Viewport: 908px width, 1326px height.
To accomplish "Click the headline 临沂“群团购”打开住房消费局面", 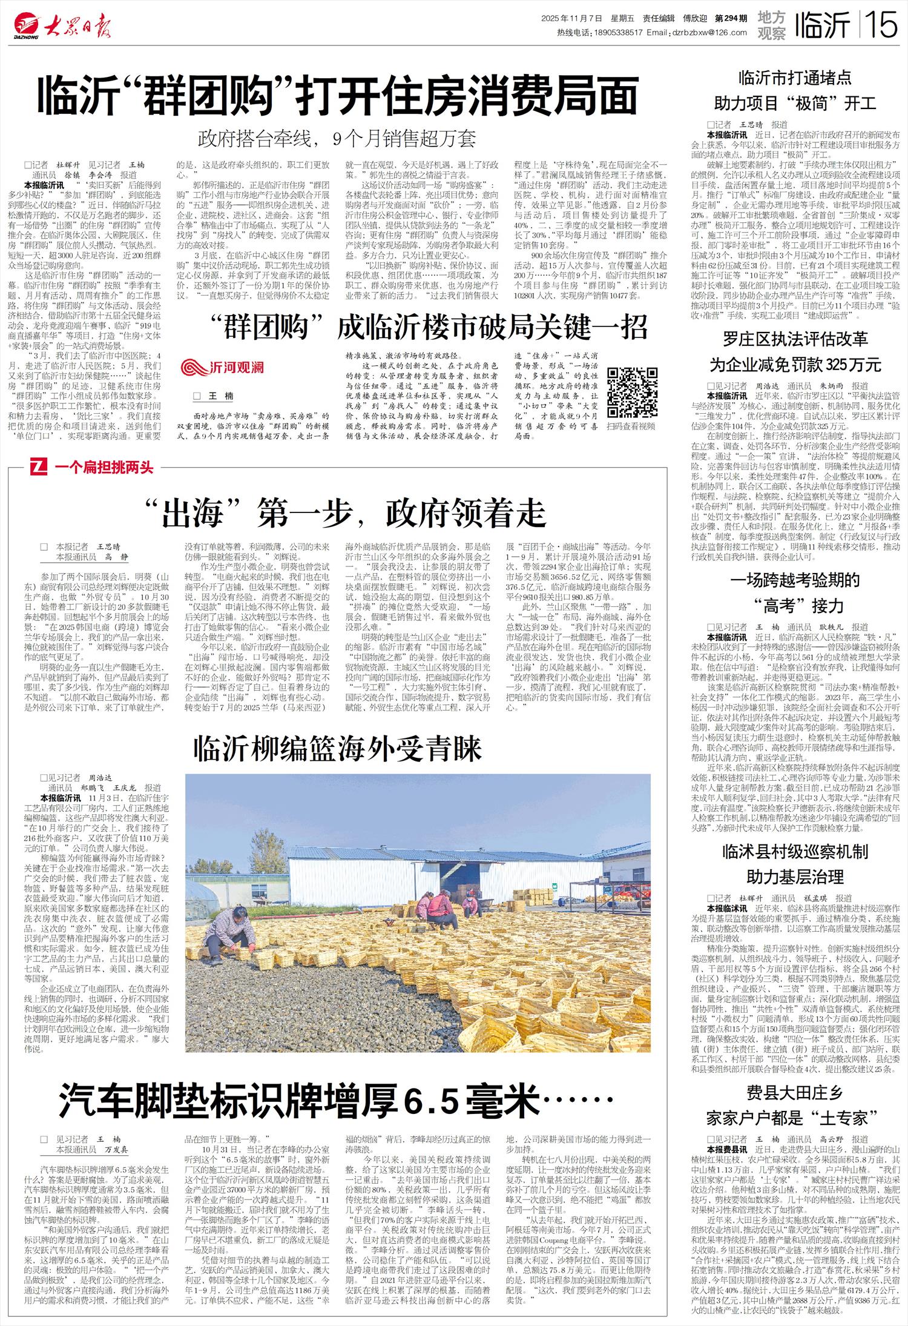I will click(x=339, y=95).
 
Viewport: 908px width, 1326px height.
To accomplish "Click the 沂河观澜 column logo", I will click(x=223, y=368).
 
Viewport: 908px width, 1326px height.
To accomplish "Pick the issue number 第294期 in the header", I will click(x=731, y=19).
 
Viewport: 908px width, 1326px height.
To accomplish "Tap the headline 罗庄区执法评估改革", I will click(x=795, y=338).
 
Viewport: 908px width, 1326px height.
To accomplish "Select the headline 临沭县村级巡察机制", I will click(x=795, y=851).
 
